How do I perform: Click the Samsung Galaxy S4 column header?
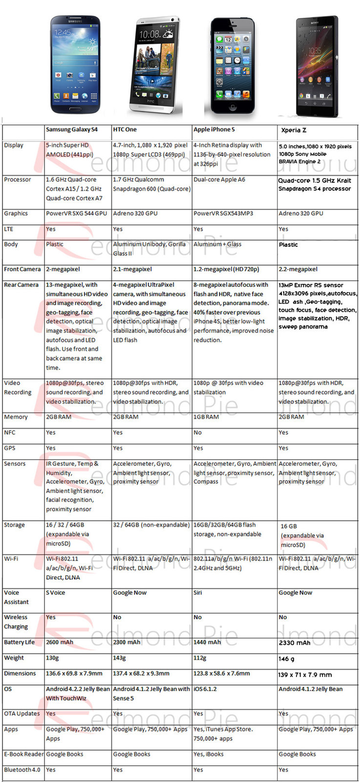(72, 130)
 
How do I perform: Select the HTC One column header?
(125, 130)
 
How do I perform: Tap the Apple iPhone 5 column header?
(214, 130)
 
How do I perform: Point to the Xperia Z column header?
(294, 130)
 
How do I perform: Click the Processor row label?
(18, 180)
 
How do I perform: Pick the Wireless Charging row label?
(16, 622)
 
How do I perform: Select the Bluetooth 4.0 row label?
(22, 770)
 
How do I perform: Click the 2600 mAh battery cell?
(60, 642)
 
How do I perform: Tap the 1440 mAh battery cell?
(207, 642)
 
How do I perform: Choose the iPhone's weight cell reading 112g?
(200, 658)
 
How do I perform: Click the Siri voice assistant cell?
(198, 592)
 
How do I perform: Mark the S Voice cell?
(56, 592)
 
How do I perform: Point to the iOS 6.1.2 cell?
(205, 689)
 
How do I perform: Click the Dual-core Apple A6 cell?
(219, 180)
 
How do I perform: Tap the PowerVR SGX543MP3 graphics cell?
(223, 214)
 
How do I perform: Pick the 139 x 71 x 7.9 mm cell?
(305, 674)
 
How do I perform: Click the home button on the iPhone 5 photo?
(232, 108)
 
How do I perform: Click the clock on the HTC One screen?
(149, 34)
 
